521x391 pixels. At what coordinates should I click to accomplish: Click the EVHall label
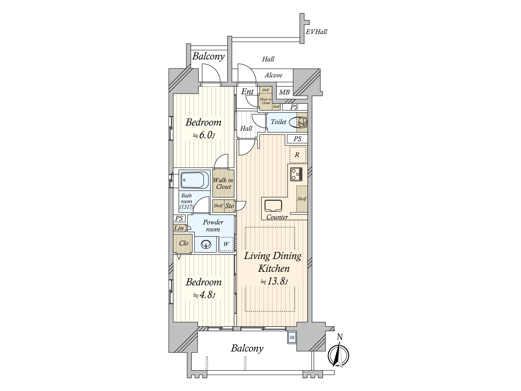(317, 32)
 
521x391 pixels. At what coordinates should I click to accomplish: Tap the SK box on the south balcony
(292, 338)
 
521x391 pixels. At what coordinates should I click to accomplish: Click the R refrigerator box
(297, 155)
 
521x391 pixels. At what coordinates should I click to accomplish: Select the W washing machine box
(226, 244)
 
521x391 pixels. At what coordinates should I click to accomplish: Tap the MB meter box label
(284, 93)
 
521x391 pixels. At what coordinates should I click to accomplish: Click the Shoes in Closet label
(266, 101)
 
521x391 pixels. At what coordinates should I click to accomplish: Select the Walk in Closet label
(223, 183)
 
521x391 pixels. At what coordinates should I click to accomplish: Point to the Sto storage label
(230, 206)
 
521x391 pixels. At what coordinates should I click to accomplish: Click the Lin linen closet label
(179, 228)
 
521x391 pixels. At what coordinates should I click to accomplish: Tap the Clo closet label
(183, 243)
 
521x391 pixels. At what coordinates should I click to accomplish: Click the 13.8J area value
(274, 282)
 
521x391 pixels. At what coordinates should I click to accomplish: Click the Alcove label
(273, 75)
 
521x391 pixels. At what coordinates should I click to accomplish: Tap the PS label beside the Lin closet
(179, 219)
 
